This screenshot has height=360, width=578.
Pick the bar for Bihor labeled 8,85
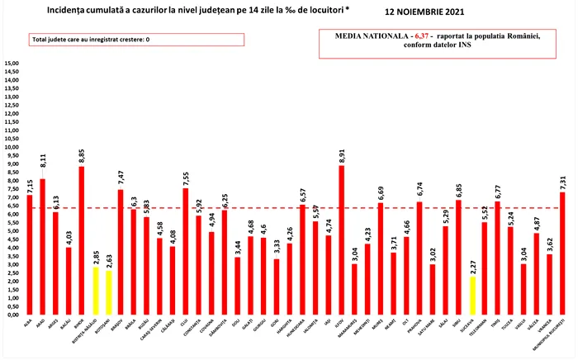(82, 240)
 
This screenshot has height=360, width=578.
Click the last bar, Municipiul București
(562, 253)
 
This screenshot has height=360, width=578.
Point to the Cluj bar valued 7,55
(185, 251)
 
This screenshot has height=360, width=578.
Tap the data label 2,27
(472, 264)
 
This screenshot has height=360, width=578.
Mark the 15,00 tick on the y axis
(12, 64)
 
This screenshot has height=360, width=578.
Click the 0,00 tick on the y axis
(12, 315)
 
